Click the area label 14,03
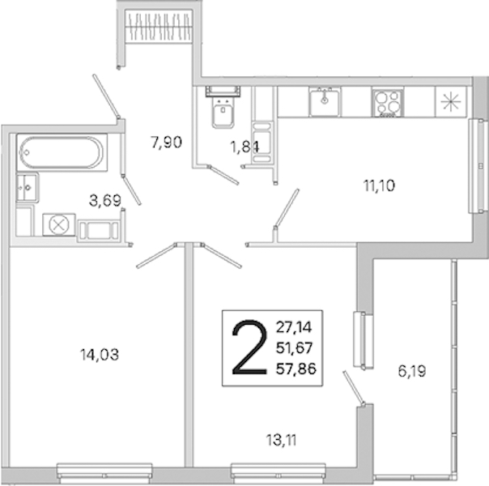[100, 355]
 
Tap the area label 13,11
[281, 441]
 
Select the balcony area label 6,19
[412, 371]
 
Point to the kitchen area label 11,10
[379, 186]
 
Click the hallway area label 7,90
[166, 143]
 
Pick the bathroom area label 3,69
[105, 201]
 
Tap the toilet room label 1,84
[244, 147]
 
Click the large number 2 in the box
[249, 347]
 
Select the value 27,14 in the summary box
[294, 327]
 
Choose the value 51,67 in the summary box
[294, 347]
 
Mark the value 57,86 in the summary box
[296, 369]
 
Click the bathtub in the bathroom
[62, 152]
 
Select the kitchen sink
[325, 101]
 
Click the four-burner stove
[388, 102]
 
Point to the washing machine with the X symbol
[59, 224]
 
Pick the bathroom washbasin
[28, 187]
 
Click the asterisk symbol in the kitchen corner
[451, 102]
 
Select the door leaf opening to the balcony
[354, 388]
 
